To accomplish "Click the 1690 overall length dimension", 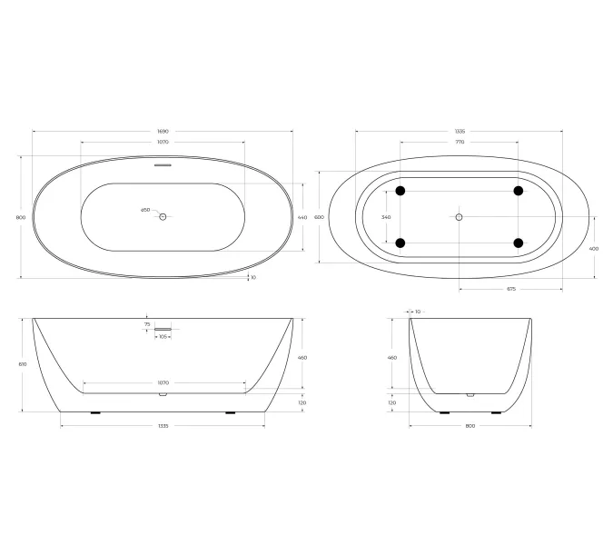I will (163, 132).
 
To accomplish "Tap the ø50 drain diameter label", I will (145, 211).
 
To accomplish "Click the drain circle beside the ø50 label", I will (163, 216).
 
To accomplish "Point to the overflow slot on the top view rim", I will (163, 165).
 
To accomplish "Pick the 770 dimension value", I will (459, 143).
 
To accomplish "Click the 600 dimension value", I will (319, 218).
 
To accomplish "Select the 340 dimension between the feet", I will (386, 217).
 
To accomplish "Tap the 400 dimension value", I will (594, 248).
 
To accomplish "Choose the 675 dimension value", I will (510, 289).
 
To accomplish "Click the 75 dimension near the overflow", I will (147, 324).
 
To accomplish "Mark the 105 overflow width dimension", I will (163, 337).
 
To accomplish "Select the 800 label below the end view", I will (470, 425).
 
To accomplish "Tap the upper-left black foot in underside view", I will (400, 191).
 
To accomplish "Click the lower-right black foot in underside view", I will (519, 243).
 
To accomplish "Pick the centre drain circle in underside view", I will (459, 217).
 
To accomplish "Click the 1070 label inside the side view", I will (163, 382).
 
